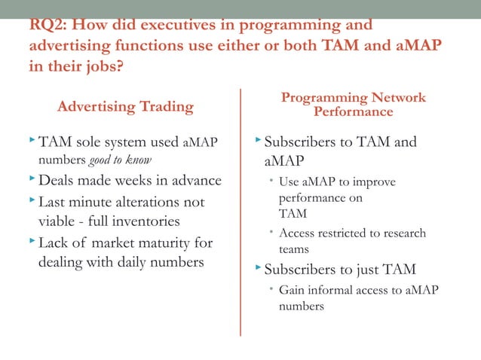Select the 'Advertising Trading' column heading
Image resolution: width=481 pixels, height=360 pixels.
(125, 107)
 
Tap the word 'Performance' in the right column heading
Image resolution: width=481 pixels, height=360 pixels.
(354, 112)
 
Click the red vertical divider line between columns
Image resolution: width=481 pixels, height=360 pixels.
(240, 211)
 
